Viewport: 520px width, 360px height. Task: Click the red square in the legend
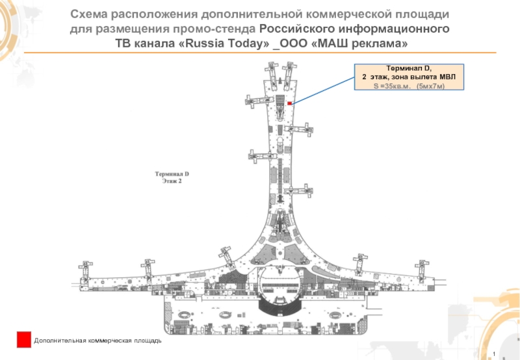[x=24, y=339]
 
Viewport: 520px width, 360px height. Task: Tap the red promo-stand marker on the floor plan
[x=289, y=103]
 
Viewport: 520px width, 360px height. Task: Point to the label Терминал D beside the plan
[x=171, y=174]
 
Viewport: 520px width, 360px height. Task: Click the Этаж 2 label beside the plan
[x=171, y=182]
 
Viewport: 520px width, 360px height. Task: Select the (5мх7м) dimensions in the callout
[x=430, y=86]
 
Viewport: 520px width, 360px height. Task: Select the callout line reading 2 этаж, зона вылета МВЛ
[x=409, y=77]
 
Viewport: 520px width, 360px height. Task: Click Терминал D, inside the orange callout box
[x=409, y=68]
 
